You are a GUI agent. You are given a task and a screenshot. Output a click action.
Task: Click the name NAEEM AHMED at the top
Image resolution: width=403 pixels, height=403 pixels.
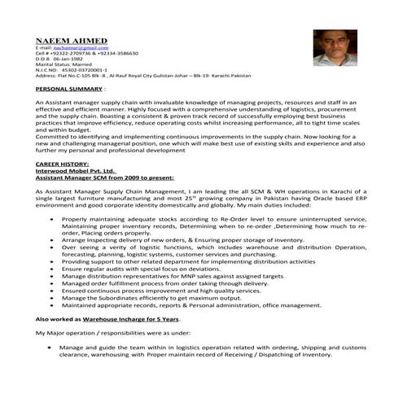click(71, 40)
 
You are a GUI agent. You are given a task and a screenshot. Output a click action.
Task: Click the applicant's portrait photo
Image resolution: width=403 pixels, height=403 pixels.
click(335, 48)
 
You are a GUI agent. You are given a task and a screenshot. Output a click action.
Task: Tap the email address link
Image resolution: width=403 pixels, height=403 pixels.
click(81, 48)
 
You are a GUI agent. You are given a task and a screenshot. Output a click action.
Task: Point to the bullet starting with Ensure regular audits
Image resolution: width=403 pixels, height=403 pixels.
click(147, 268)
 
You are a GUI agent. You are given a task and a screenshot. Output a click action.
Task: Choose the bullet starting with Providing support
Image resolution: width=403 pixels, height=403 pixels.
click(187, 261)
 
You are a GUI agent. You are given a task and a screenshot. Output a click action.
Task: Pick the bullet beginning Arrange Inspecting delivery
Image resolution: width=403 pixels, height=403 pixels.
click(187, 240)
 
